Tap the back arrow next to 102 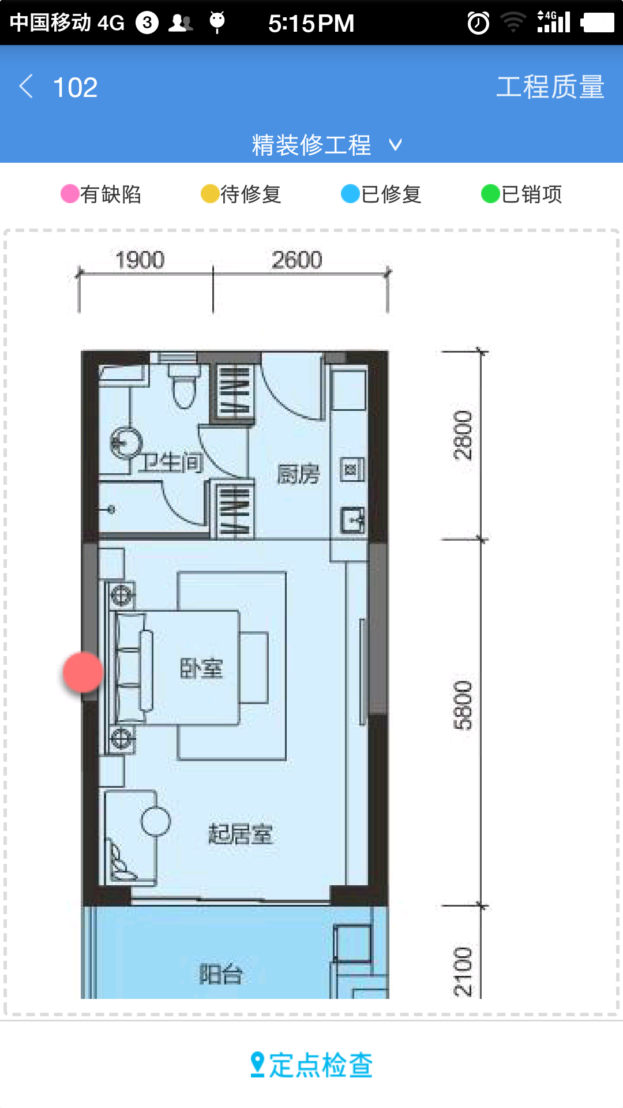coord(26,87)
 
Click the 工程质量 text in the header coord(550,87)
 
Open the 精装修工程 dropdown coord(326,144)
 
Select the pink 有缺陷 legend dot coord(70,194)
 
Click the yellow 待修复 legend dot coord(210,194)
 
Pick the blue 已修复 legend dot coord(350,194)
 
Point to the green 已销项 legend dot coord(490,194)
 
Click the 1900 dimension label coord(140,260)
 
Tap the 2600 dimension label coord(297,260)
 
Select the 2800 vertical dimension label coord(463,435)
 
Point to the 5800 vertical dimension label coord(463,705)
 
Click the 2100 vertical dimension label coord(463,972)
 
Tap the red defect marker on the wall coord(83,672)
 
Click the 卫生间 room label coord(172,462)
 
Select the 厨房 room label coord(298,474)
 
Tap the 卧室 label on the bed coord(201,668)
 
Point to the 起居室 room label coord(241,834)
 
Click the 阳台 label coord(221,974)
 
